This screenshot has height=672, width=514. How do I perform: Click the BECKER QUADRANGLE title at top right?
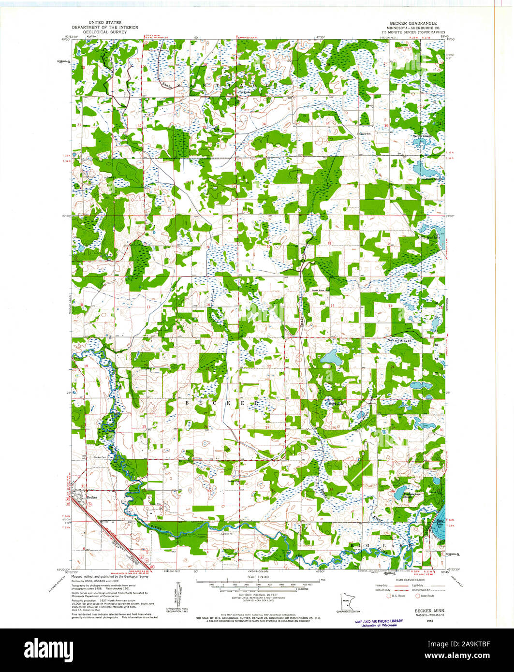(x=410, y=23)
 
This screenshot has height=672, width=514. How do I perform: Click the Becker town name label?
(x=92, y=497)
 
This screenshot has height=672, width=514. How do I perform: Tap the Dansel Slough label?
(x=384, y=340)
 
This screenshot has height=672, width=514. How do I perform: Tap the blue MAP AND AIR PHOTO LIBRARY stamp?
(x=379, y=623)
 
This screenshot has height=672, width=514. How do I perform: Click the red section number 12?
(x=388, y=244)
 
